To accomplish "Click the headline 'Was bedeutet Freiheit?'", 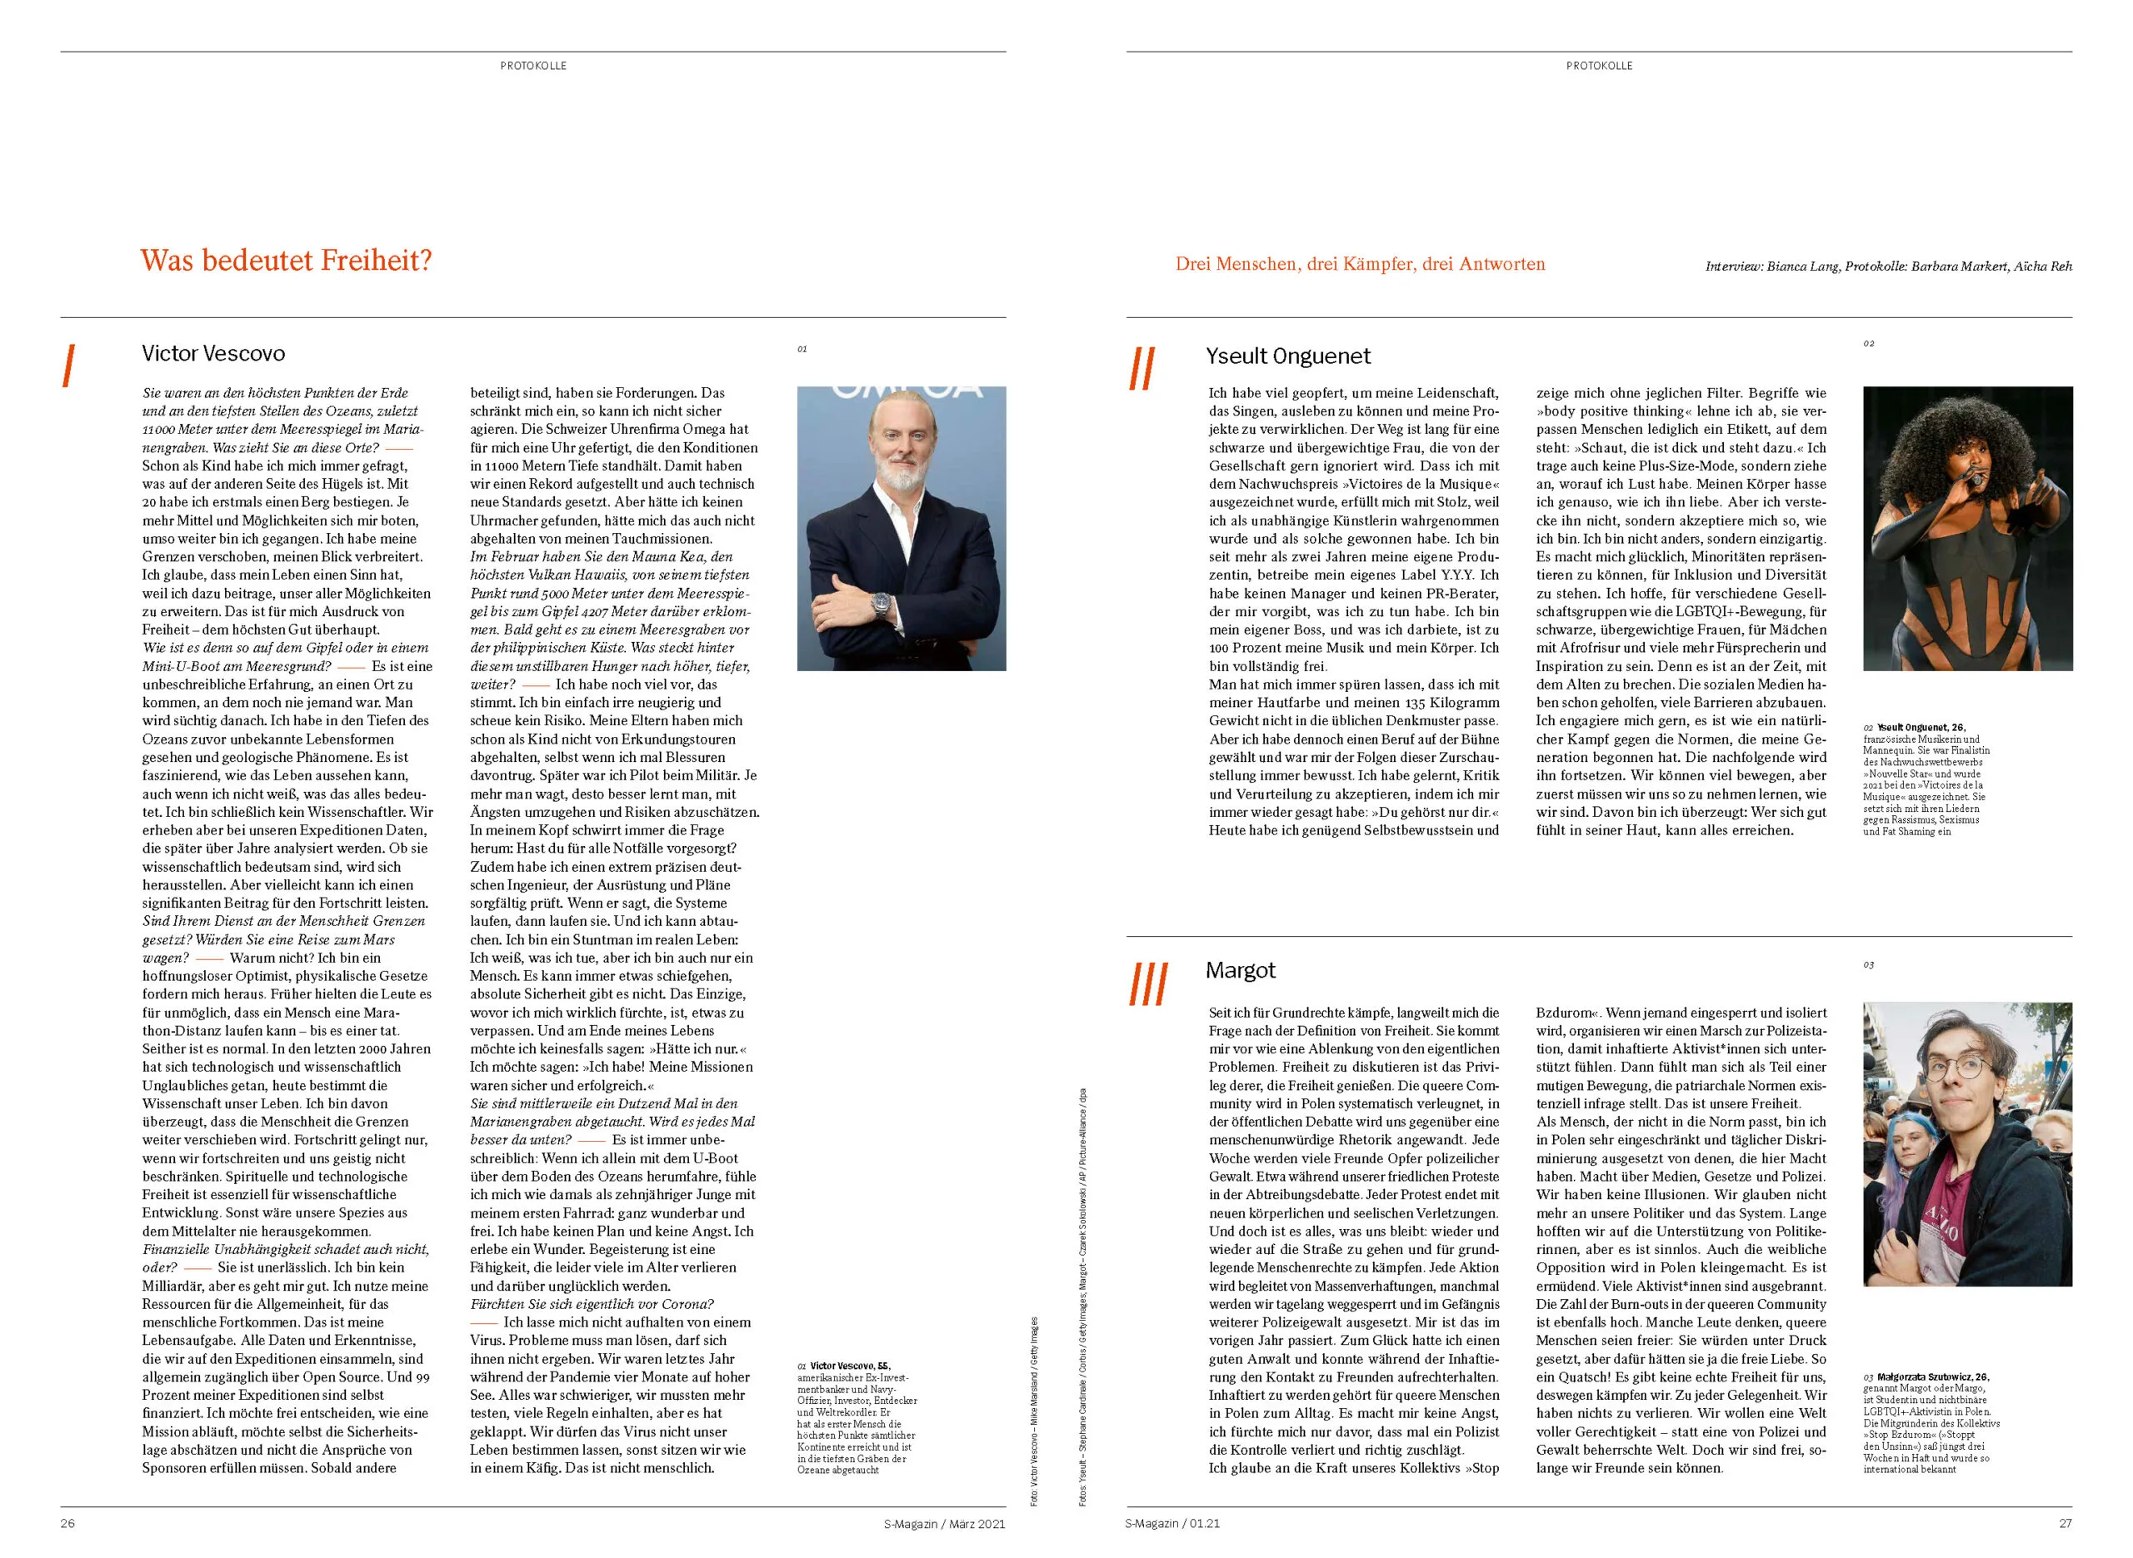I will (x=286, y=261).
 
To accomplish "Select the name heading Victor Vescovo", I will (x=213, y=354).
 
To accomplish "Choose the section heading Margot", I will (x=1240, y=970).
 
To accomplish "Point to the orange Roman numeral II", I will (x=1141, y=368).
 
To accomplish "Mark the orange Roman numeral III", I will (x=1148, y=983).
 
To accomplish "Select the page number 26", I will (x=68, y=1523).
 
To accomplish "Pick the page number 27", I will (x=2065, y=1523).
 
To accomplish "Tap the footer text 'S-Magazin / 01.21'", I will (x=1171, y=1523).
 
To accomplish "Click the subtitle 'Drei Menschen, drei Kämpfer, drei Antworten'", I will (x=1360, y=264).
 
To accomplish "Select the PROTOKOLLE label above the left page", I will (x=533, y=66).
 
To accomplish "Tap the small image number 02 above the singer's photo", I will (x=1868, y=344).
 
